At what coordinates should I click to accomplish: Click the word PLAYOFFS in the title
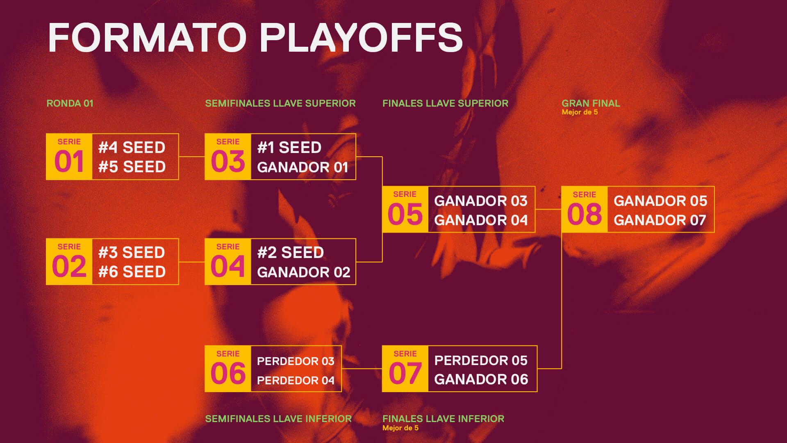point(362,37)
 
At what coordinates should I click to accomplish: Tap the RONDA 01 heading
point(70,103)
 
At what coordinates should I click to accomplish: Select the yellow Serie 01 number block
point(69,157)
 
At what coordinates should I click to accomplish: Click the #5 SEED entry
point(132,167)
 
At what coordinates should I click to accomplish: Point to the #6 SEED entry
point(132,272)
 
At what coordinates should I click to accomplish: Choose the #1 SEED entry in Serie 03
point(289,148)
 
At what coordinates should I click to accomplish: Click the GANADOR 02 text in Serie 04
point(304,272)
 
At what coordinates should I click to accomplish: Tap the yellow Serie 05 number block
point(405,210)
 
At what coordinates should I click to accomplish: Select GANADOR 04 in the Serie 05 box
point(481,220)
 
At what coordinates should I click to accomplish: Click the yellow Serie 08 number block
point(585,210)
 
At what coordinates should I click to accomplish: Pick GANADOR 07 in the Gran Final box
point(660,220)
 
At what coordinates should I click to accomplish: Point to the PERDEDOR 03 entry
point(296,361)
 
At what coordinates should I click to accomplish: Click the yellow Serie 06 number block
point(228,369)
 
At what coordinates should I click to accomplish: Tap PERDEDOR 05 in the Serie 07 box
point(481,361)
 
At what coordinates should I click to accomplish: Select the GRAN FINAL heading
point(591,103)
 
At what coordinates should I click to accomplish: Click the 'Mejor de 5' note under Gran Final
point(580,112)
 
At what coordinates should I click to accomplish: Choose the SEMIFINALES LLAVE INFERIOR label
point(278,419)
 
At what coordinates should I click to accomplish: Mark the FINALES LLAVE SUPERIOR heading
point(445,103)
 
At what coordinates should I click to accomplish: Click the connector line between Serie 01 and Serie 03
point(192,157)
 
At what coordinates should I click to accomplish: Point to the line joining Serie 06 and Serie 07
point(362,369)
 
